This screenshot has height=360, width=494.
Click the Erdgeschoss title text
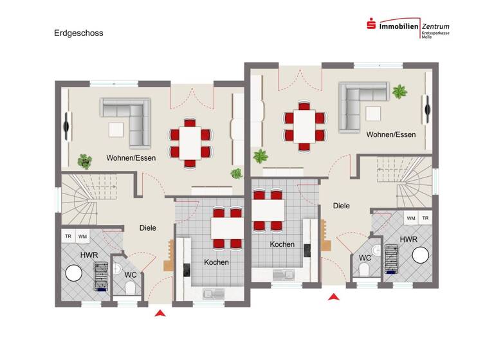[x=78, y=33]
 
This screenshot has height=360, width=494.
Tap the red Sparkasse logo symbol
[x=371, y=25]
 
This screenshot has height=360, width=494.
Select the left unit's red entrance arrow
[x=160, y=312]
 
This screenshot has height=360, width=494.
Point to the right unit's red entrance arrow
[x=333, y=296]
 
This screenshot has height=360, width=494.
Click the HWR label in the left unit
[x=89, y=255]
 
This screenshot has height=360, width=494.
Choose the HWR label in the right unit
[x=408, y=239]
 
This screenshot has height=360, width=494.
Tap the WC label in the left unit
[x=131, y=274]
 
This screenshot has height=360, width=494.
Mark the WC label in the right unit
[x=365, y=258]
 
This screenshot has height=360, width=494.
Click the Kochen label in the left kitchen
[x=216, y=262]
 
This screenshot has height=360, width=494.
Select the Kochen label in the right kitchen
[x=282, y=244]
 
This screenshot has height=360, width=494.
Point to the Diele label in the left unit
[x=149, y=228]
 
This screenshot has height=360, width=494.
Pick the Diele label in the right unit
[x=342, y=206]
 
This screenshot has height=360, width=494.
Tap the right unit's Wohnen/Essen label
[x=391, y=134]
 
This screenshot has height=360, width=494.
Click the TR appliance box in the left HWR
[x=68, y=237]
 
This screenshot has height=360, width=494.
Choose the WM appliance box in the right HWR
[x=410, y=219]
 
